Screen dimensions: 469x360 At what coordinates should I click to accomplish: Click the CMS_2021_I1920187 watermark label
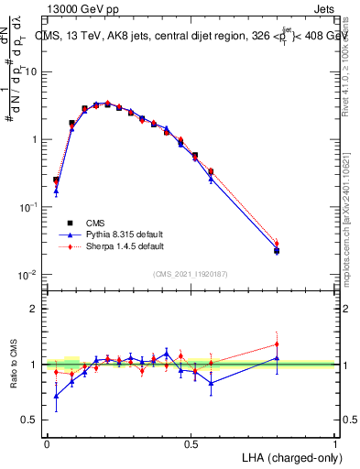(x=191, y=274)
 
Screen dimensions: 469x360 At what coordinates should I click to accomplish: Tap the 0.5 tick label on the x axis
(x=191, y=442)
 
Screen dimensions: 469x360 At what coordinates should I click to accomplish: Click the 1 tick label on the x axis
(x=335, y=442)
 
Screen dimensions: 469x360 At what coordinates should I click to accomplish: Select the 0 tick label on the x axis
(x=47, y=442)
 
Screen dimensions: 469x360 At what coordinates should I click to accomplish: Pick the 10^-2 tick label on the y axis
(x=27, y=275)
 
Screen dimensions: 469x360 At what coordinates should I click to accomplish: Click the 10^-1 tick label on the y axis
(x=27, y=207)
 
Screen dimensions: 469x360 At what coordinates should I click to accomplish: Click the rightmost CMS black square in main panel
(x=277, y=250)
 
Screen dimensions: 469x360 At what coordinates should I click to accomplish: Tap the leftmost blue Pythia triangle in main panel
(x=56, y=191)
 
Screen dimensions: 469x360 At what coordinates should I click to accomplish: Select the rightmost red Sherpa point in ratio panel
(x=277, y=344)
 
